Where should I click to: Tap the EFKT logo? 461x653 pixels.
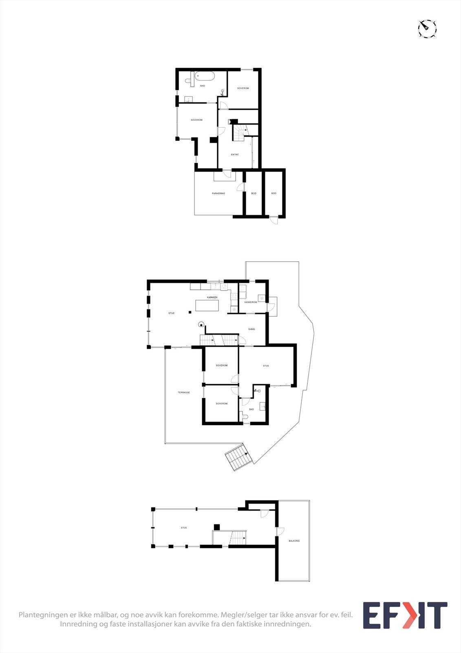pyautogui.click(x=405, y=615)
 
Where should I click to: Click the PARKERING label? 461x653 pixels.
pyautogui.click(x=218, y=193)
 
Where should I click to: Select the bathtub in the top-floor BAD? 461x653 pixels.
pyautogui.click(x=205, y=76)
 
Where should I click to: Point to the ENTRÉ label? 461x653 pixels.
pyautogui.click(x=235, y=155)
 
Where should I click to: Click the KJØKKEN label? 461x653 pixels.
pyautogui.click(x=212, y=297)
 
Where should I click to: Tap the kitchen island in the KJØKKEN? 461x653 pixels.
pyautogui.click(x=207, y=305)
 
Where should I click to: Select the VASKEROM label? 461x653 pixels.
pyautogui.click(x=250, y=302)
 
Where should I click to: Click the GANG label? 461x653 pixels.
pyautogui.click(x=251, y=329)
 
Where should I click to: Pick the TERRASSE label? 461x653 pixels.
pyautogui.click(x=183, y=393)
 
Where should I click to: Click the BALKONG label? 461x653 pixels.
pyautogui.click(x=294, y=541)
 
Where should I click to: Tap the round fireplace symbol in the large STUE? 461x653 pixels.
pyautogui.click(x=201, y=325)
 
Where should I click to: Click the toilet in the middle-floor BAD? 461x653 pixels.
pyautogui.click(x=244, y=417)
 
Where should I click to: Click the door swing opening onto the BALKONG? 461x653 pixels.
pyautogui.click(x=280, y=532)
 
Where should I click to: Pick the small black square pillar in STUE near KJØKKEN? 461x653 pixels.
pyautogui.click(x=190, y=313)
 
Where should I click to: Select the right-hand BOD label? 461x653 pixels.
pyautogui.click(x=274, y=193)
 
